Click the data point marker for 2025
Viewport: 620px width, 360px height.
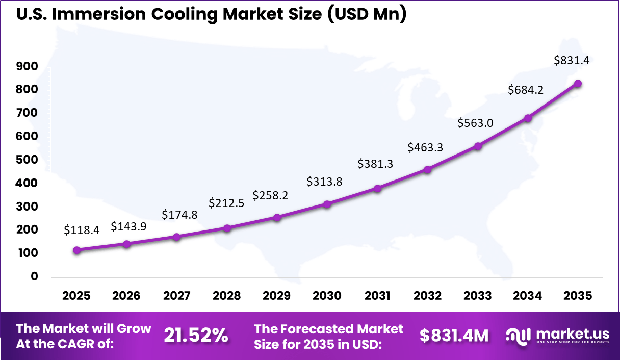pyautogui.click(x=77, y=250)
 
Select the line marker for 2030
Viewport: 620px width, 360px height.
pyautogui.click(x=327, y=204)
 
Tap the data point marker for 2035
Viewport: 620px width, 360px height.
pyautogui.click(x=578, y=84)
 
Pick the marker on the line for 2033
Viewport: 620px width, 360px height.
pyautogui.click(x=478, y=146)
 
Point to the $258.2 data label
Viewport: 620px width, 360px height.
pyautogui.click(x=271, y=196)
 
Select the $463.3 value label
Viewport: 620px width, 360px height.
pyautogui.click(x=425, y=147)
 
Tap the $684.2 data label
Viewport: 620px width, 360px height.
pyautogui.click(x=526, y=90)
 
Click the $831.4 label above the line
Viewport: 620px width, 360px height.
pyautogui.click(x=572, y=60)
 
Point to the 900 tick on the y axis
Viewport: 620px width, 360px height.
pyautogui.click(x=27, y=66)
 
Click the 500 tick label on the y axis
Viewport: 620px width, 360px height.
pyautogui.click(x=27, y=160)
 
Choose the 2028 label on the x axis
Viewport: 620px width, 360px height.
pyautogui.click(x=227, y=296)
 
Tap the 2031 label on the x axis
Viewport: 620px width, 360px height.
pyautogui.click(x=377, y=296)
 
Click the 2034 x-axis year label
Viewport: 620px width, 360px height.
pyautogui.click(x=528, y=296)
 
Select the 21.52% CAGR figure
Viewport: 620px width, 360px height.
pyautogui.click(x=196, y=336)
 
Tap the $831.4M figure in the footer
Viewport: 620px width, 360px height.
pyautogui.click(x=454, y=336)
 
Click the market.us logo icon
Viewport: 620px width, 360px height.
pyautogui.click(x=519, y=336)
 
